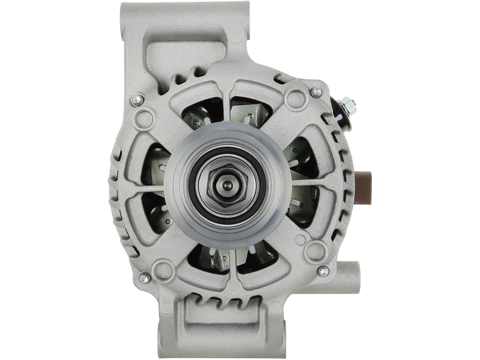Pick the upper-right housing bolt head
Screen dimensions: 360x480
coord(316,91)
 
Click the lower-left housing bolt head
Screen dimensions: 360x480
coord(144,277)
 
